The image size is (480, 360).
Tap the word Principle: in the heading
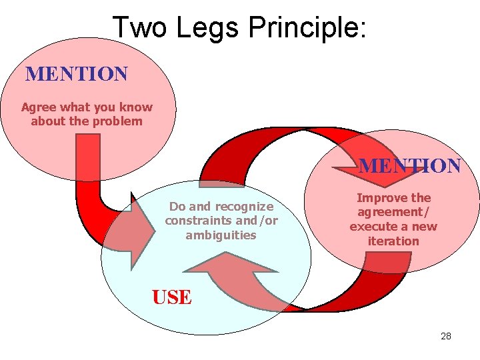click(x=307, y=28)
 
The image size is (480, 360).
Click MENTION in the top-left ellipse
click(x=76, y=74)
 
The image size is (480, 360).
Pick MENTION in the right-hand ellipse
click(x=409, y=166)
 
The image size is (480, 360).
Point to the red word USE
click(x=171, y=297)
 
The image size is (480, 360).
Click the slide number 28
click(x=446, y=336)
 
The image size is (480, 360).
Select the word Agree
click(x=39, y=107)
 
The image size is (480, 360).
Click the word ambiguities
click(x=221, y=235)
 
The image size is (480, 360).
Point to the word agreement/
click(x=393, y=212)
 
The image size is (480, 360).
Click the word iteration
click(x=393, y=241)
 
